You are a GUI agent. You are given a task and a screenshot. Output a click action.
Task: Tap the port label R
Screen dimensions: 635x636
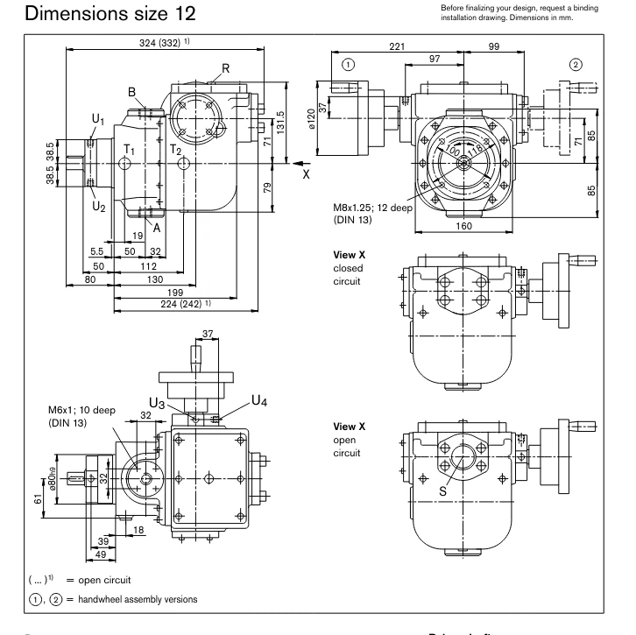[225, 68]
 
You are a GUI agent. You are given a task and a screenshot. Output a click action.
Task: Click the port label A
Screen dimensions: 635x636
[157, 228]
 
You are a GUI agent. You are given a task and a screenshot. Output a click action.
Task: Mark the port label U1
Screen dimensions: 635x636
[75, 119]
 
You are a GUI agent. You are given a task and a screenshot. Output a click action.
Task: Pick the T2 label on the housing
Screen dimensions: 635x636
[175, 151]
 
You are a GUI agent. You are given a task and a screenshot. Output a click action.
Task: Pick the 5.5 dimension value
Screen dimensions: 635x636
[97, 251]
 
